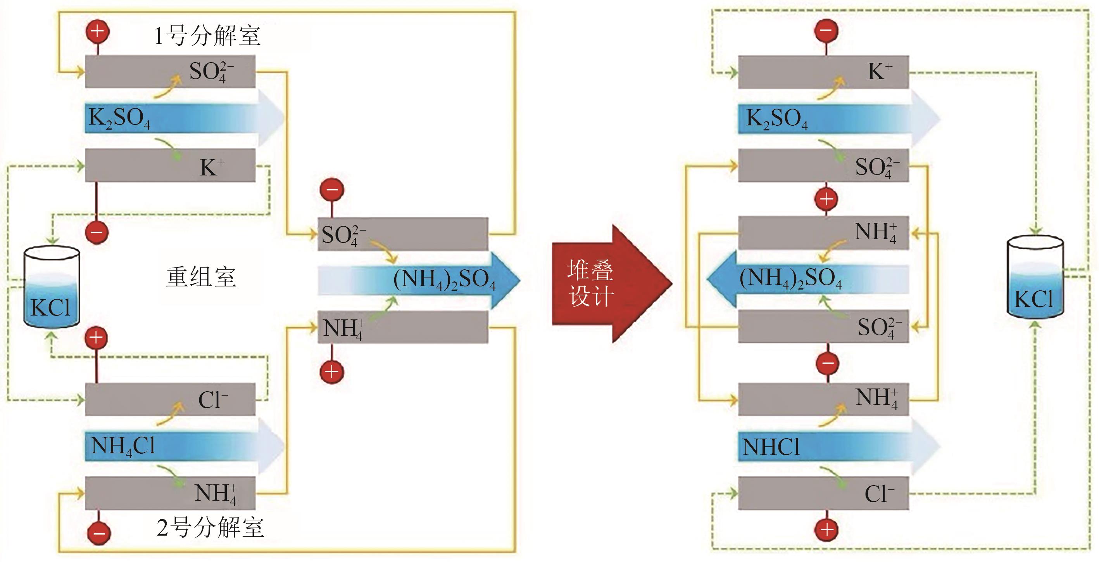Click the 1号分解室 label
click(207, 36)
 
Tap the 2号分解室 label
click(210, 527)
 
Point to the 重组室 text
click(200, 277)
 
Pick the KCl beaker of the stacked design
click(1035, 278)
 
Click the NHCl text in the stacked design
click(771, 447)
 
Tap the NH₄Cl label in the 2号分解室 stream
click(123, 446)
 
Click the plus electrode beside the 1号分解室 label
click(98, 31)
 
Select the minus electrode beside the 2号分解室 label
click(99, 533)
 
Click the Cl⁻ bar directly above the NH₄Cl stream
click(170, 399)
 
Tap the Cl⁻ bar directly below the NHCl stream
click(823, 494)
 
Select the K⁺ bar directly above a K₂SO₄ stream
click(823, 72)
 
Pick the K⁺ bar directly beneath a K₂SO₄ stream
click(170, 166)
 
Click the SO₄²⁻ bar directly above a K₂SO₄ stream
click(170, 71)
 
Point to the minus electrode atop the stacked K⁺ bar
click(826, 31)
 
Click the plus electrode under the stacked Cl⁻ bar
click(827, 530)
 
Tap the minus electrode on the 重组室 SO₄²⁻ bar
click(332, 190)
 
